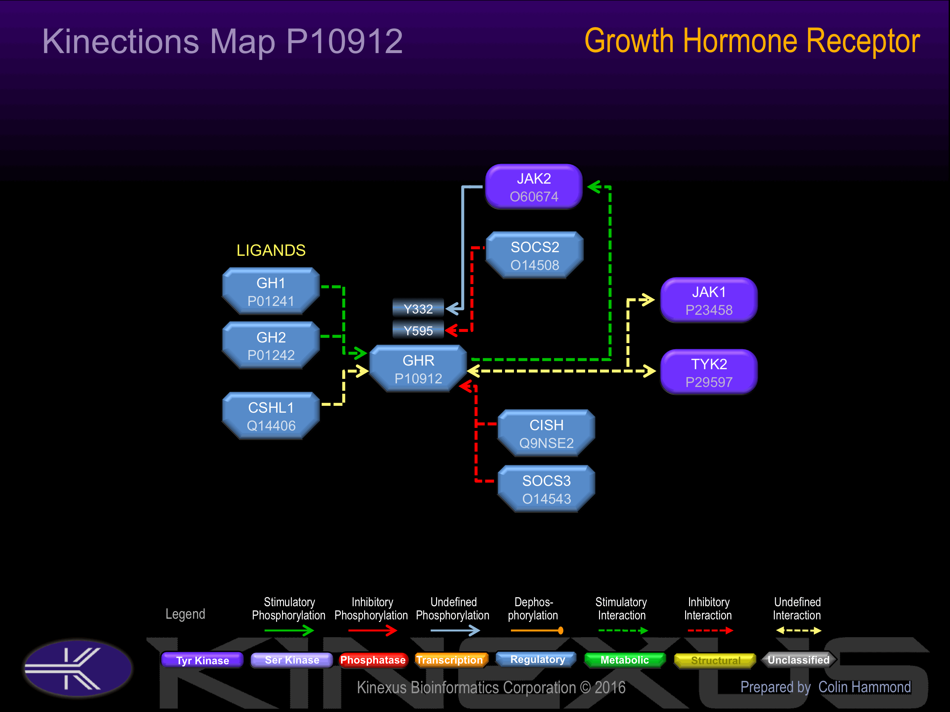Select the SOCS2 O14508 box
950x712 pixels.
point(535,255)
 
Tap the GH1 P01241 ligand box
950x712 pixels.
point(271,291)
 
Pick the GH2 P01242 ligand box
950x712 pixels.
point(271,345)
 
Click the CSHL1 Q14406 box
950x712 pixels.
point(271,416)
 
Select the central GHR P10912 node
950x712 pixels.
point(418,369)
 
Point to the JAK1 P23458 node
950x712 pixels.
point(709,300)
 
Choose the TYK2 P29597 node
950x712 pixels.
point(709,372)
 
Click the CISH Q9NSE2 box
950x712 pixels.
point(546,433)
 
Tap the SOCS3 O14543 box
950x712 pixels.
point(546,489)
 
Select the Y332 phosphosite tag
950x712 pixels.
point(418,309)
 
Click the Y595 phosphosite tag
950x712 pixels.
point(418,331)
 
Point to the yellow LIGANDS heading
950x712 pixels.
point(271,250)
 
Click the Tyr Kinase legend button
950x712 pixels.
point(202,660)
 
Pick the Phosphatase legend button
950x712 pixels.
point(372,660)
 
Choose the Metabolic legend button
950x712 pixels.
point(625,660)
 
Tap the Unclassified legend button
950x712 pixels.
point(798,660)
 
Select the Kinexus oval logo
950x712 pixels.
point(78,668)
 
